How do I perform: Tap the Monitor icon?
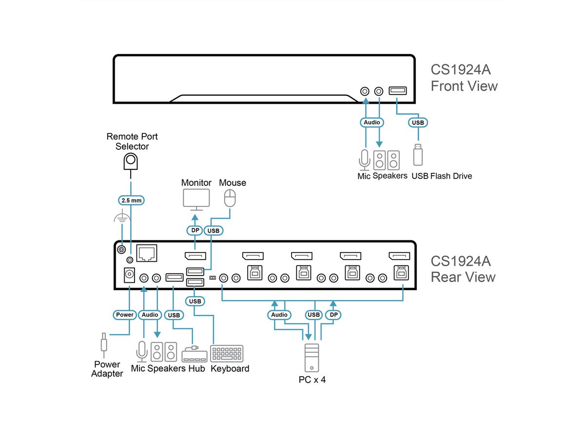click(196, 199)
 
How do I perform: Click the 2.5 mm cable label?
click(131, 200)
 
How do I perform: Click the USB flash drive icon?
click(418, 154)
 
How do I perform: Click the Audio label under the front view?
click(371, 122)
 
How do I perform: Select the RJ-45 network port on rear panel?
click(146, 252)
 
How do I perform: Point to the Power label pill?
click(124, 315)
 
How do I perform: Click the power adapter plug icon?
click(104, 343)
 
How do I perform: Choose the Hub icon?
click(194, 354)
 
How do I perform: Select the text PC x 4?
click(312, 380)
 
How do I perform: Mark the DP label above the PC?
click(333, 315)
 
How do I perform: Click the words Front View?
click(464, 86)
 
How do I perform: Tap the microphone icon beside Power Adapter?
click(141, 350)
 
